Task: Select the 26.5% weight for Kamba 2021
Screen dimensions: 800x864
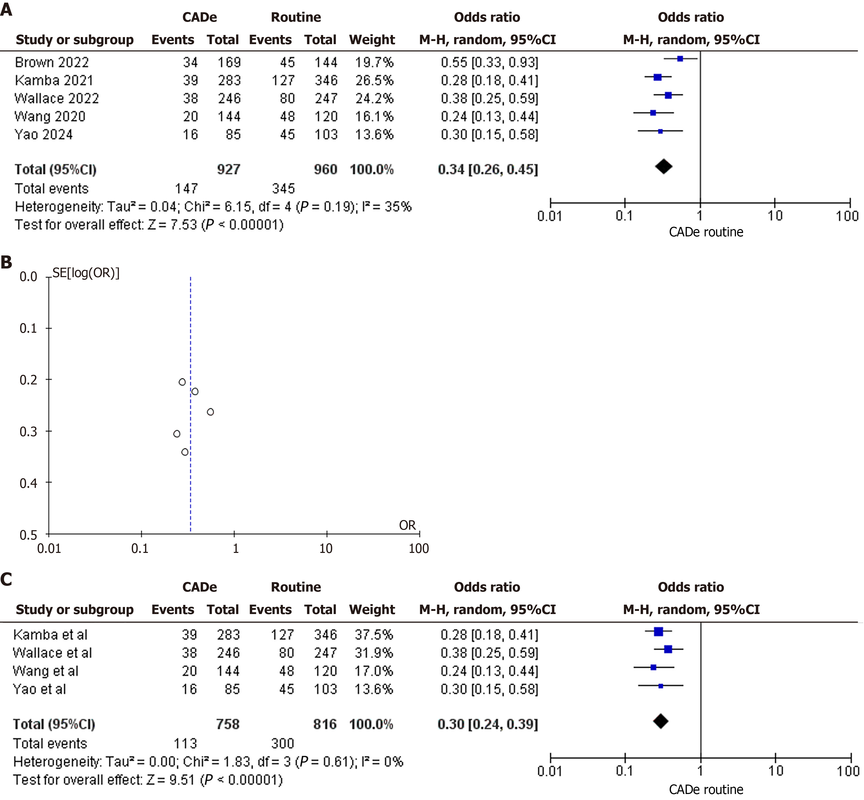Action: (x=374, y=80)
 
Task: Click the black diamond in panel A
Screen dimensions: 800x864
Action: (x=663, y=167)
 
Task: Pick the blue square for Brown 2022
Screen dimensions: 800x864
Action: (x=680, y=59)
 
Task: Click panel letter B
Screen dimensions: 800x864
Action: (x=7, y=262)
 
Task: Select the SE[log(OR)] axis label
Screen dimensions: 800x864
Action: (x=86, y=273)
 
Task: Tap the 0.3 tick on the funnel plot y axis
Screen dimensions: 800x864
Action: (x=28, y=431)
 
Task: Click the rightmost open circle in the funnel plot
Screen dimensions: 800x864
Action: (x=210, y=412)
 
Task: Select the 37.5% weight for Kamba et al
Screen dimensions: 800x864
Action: (x=374, y=635)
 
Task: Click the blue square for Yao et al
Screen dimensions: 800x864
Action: (x=660, y=686)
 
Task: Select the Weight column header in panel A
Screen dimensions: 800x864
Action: (x=372, y=40)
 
